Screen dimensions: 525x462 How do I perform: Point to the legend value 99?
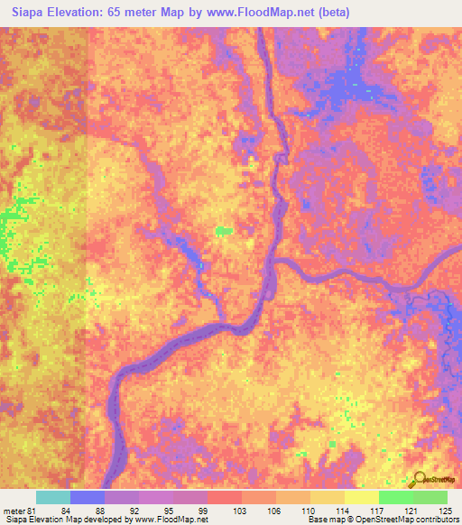pos(203,511)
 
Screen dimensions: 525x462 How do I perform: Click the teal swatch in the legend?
pos(52,497)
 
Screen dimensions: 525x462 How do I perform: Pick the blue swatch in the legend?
pos(87,497)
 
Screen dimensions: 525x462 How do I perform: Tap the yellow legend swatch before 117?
pos(361,497)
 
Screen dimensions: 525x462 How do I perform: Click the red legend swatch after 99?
pos(224,497)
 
